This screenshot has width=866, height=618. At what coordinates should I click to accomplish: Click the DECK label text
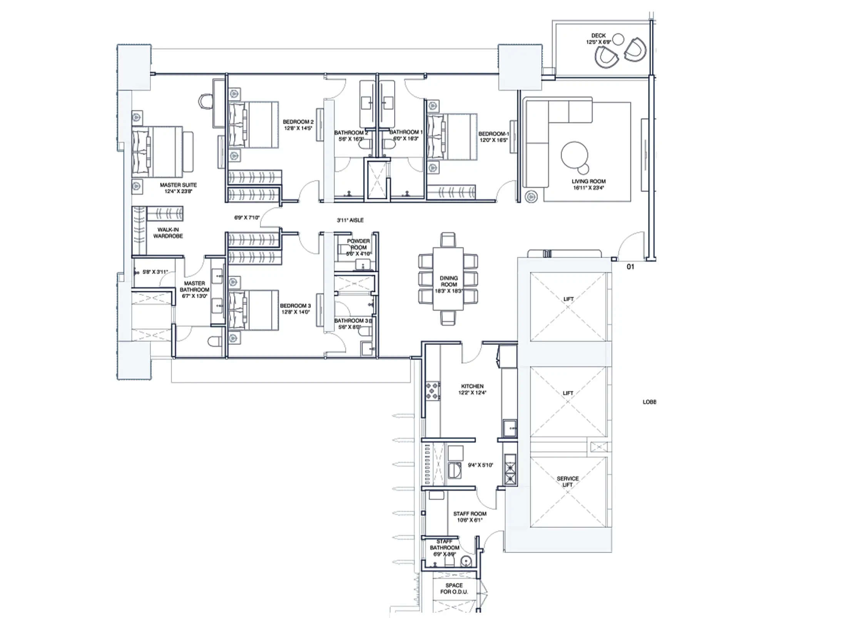(598, 35)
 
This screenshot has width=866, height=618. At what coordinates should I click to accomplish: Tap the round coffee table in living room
(574, 155)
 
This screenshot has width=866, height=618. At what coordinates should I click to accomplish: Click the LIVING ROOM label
(588, 181)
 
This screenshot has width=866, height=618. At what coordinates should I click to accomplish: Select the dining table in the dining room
(448, 279)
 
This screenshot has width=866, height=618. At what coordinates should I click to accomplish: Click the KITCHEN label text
(472, 386)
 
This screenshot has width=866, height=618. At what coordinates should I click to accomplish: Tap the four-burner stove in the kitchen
(433, 391)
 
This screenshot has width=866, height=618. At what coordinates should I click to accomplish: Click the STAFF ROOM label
(470, 514)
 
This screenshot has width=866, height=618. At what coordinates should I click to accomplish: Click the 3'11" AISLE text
(350, 220)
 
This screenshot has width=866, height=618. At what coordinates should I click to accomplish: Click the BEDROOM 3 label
(295, 306)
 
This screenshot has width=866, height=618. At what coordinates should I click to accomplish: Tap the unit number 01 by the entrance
(630, 267)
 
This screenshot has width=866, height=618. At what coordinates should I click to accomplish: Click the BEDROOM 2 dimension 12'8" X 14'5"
(298, 128)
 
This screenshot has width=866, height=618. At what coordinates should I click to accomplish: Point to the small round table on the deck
(618, 39)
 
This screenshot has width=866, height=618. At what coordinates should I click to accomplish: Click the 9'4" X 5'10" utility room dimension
(480, 465)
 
